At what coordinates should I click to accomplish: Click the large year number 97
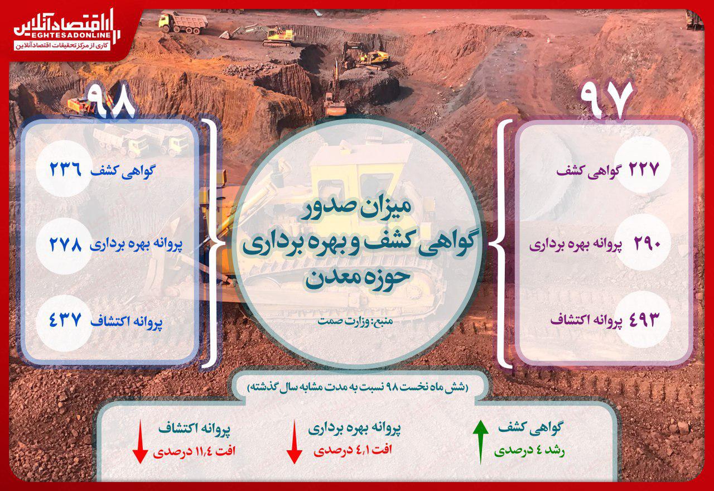[x=606, y=99]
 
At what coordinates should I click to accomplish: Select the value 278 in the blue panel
[x=66, y=244]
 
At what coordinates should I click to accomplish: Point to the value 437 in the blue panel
[x=66, y=320]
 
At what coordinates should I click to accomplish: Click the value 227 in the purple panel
[x=643, y=169]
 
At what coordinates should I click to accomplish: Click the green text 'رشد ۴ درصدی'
[x=529, y=450]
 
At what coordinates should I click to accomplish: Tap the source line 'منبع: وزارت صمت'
[x=355, y=321]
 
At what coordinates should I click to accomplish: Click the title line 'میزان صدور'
[x=356, y=209]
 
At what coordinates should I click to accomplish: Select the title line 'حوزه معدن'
[x=357, y=278]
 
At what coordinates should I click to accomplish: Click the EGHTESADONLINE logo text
[x=62, y=35]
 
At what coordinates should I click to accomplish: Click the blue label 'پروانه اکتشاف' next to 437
[x=127, y=321]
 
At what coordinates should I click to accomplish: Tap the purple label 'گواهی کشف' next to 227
[x=588, y=171]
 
